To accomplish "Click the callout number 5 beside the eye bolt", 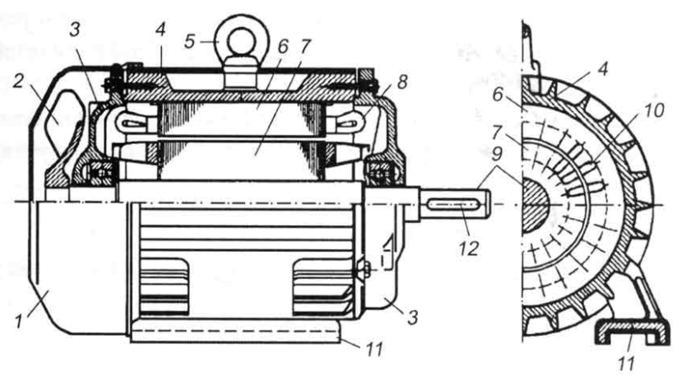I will point(190,42).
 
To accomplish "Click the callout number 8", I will point(402,82).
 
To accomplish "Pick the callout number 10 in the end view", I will point(654,110).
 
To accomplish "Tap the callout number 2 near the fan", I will point(18,81).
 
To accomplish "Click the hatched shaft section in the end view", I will point(534,205).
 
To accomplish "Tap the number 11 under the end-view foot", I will point(627,363).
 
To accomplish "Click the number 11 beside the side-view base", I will point(374,349).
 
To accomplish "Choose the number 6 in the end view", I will point(497,95).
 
